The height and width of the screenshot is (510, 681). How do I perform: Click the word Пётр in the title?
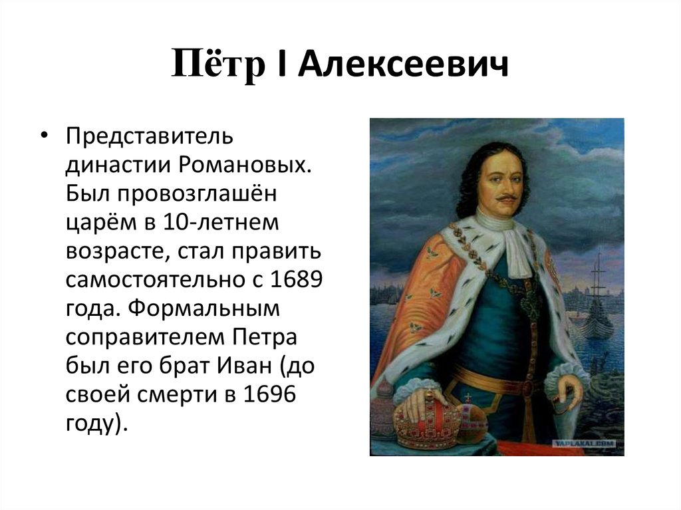pos(218,64)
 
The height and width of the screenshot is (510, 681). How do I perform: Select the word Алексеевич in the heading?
pos(402,64)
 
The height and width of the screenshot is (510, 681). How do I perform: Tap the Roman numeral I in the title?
pos(281,64)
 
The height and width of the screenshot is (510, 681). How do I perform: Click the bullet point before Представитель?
pos(44,136)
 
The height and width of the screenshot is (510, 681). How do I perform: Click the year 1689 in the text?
pos(297,279)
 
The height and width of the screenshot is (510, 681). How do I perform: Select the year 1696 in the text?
pos(270,394)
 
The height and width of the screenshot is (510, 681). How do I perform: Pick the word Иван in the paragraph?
pos(243,365)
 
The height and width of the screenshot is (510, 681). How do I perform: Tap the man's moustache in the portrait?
pos(506,199)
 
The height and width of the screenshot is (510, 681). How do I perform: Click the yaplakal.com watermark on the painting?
pos(585,444)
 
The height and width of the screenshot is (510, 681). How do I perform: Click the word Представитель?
pos(150,136)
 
